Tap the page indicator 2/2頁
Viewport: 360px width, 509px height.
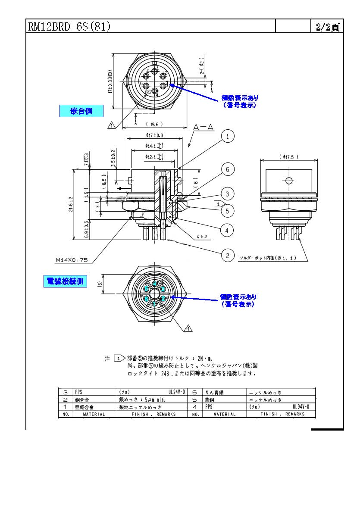pos(327,27)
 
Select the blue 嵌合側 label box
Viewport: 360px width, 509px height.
pos(81,111)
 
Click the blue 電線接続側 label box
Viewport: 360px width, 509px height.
pos(66,282)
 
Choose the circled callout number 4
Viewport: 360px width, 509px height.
pos(227,230)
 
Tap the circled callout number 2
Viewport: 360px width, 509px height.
pos(227,256)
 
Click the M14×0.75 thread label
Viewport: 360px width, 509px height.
pos(72,260)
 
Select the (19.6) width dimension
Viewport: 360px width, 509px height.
pos(154,124)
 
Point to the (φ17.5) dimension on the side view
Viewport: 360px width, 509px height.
pos(288,157)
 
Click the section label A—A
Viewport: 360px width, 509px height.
pos(203,127)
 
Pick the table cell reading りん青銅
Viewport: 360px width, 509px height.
pos(214,393)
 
